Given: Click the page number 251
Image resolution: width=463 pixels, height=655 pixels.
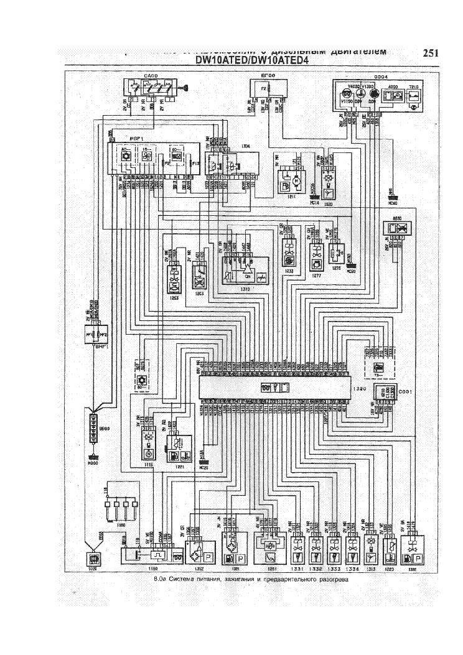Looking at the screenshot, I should tap(431, 53).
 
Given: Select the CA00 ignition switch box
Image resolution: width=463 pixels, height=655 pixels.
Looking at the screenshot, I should tap(150, 87).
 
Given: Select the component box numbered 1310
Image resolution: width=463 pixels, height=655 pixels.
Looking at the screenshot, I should tap(245, 274).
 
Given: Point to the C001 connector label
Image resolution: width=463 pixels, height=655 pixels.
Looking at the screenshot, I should tap(405, 391).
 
